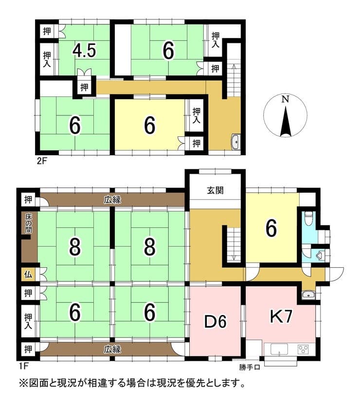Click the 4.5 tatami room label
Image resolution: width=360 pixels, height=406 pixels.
click(84, 50)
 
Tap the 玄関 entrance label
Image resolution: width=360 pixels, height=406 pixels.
click(215, 190)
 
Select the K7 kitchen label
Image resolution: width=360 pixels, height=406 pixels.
click(281, 316)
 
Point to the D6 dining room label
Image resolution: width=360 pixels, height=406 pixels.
click(216, 322)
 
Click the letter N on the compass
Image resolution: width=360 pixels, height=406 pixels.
click(285, 99)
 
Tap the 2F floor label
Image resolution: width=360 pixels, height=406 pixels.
click(41, 161)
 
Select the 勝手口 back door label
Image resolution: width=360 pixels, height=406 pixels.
click(249, 367)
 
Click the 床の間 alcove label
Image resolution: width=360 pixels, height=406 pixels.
click(28, 223)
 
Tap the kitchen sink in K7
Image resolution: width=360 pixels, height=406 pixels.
click(279, 350)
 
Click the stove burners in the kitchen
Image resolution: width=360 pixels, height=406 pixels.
click(303, 350)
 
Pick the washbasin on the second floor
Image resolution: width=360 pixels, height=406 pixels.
click(236, 142)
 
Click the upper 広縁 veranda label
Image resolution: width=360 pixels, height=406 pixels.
click(112, 200)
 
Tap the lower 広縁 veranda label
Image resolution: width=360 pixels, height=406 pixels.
click(112, 350)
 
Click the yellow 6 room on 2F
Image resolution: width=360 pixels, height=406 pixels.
click(149, 125)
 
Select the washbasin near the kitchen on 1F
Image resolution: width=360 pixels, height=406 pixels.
click(308, 295)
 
